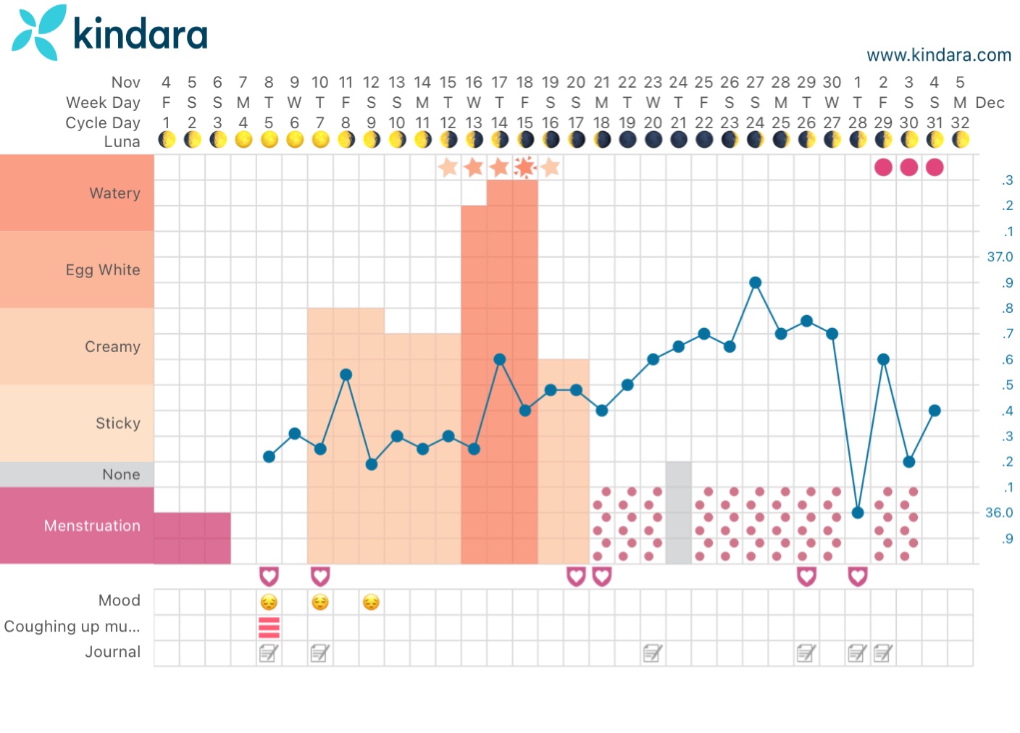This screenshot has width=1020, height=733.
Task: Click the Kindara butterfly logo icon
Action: (x=38, y=33)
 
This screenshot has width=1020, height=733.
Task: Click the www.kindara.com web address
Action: (x=938, y=55)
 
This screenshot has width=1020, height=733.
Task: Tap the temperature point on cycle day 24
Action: (x=755, y=282)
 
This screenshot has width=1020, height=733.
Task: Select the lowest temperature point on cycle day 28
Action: (x=858, y=513)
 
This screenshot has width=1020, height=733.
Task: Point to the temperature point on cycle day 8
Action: (x=346, y=374)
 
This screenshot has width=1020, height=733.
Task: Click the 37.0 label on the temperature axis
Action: (x=1000, y=257)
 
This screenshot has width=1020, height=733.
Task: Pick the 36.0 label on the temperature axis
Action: (x=999, y=513)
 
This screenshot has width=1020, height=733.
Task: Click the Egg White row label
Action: (x=103, y=270)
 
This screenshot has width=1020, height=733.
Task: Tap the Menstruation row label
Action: (x=92, y=526)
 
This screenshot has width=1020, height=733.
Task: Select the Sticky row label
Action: (x=118, y=424)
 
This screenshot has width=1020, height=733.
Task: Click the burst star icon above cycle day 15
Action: (x=524, y=167)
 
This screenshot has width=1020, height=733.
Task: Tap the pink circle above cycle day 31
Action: (x=935, y=167)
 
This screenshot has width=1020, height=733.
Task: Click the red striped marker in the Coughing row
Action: (x=269, y=627)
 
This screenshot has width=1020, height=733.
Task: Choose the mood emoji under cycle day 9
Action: (x=371, y=602)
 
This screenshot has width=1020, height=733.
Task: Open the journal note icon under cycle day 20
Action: (x=653, y=653)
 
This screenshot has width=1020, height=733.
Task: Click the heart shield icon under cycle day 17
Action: (x=576, y=577)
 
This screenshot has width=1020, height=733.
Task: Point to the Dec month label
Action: (x=990, y=103)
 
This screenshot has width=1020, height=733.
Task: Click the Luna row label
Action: (x=122, y=142)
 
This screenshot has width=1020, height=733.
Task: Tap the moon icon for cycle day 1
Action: (x=167, y=140)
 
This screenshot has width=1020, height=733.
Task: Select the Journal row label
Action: (x=112, y=652)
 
